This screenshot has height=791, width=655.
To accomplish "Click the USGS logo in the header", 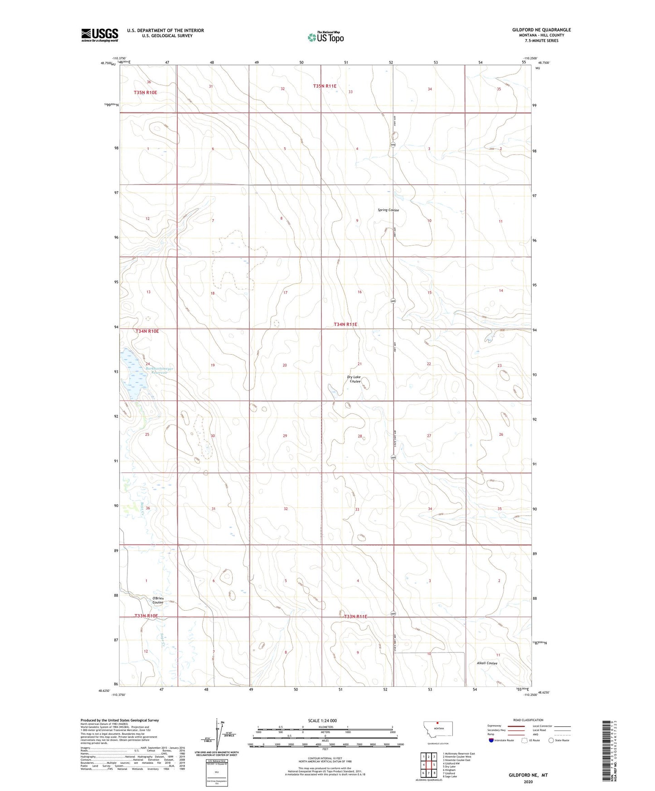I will pos(100,35).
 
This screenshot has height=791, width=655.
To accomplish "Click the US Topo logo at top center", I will pos(325,37).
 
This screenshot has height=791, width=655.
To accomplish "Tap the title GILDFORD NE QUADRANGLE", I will pos(541,30).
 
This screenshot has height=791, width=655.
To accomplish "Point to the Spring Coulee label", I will pos(388,210).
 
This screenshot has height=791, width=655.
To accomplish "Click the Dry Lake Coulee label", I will pos(354,379).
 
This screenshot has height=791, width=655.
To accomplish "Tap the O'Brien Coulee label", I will pos(158,600).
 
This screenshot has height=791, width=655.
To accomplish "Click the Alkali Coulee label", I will pos(487,663).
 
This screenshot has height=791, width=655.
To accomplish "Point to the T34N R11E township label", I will pos(345,324).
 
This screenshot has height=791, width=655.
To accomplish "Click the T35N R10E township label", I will pos(145,92).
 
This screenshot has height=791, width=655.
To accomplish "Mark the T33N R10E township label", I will pos(146,616).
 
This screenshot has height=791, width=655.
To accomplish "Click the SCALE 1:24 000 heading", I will pos(322,721).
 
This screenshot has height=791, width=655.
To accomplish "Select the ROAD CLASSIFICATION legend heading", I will pos(528,720).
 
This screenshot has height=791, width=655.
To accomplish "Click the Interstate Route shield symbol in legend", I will pos(491,740).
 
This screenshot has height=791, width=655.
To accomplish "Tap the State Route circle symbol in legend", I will pos(551,740).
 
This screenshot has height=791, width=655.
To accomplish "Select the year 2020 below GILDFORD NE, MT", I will pos(528,781).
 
